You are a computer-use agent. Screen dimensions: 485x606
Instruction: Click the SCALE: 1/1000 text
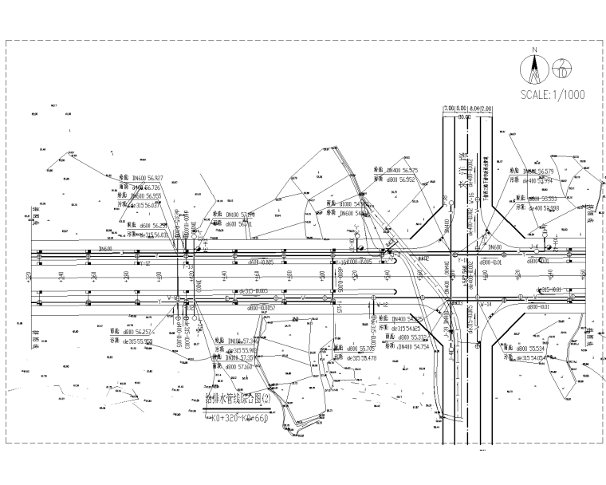(x=552, y=94)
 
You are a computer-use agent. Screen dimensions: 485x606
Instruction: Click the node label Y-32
(x=144, y=262)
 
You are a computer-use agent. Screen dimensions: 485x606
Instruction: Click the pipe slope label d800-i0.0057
(x=262, y=307)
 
